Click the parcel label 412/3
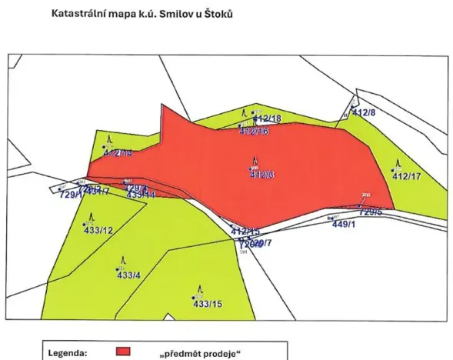(x=262, y=175)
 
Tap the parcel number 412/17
(x=408, y=176)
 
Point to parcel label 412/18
(x=268, y=119)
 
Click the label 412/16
(x=254, y=132)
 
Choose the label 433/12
(x=98, y=231)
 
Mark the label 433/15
(x=207, y=304)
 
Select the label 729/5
(x=371, y=211)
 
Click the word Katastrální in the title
(x=78, y=14)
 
